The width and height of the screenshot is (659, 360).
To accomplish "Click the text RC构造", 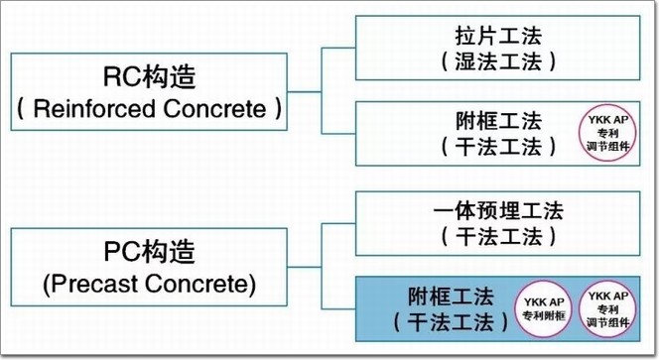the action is coord(149,77).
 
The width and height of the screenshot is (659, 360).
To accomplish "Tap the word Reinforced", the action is coord(94,109).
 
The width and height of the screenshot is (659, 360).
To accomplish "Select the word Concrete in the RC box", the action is coord(214,109).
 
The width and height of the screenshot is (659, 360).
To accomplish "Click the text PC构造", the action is coord(149,252).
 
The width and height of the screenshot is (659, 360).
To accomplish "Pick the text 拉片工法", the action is coord(498,36).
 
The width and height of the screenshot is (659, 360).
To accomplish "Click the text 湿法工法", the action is coord(498,61).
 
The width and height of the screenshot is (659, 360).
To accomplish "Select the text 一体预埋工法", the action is coord(498,210).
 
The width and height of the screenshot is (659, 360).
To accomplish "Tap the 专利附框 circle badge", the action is coord(544,309).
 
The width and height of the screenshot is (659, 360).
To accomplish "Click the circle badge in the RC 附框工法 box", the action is coord(607,133).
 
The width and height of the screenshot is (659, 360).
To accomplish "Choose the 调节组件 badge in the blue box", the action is coord(607,309).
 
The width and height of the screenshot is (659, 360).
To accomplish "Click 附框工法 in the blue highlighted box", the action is coord(451,297).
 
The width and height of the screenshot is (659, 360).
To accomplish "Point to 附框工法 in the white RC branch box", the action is coord(498,121).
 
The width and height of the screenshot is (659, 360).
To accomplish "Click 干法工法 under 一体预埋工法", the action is coord(498,236).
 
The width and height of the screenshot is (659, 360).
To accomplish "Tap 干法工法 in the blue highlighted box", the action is coord(451,323).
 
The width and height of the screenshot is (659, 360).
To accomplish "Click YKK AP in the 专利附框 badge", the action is coord(544,302).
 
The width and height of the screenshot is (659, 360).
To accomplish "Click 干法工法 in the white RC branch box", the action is coord(498,147).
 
